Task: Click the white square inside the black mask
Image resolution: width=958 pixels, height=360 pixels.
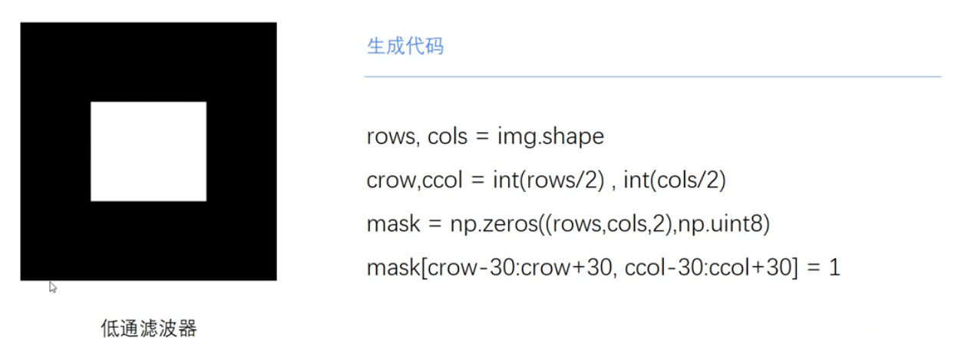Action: pos(148,151)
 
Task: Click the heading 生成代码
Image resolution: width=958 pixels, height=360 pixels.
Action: pos(405,46)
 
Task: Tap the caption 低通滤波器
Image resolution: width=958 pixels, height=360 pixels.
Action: pos(149,329)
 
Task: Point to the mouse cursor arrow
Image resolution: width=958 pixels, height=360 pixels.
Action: pos(53,287)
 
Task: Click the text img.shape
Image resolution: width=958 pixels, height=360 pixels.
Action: pos(550,137)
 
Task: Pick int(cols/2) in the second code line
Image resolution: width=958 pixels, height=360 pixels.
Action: pos(675,180)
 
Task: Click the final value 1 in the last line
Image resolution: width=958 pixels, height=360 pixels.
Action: pos(835,269)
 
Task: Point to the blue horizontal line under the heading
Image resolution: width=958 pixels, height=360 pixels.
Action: pos(652,77)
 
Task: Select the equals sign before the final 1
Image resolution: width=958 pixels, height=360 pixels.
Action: pos(811,269)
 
